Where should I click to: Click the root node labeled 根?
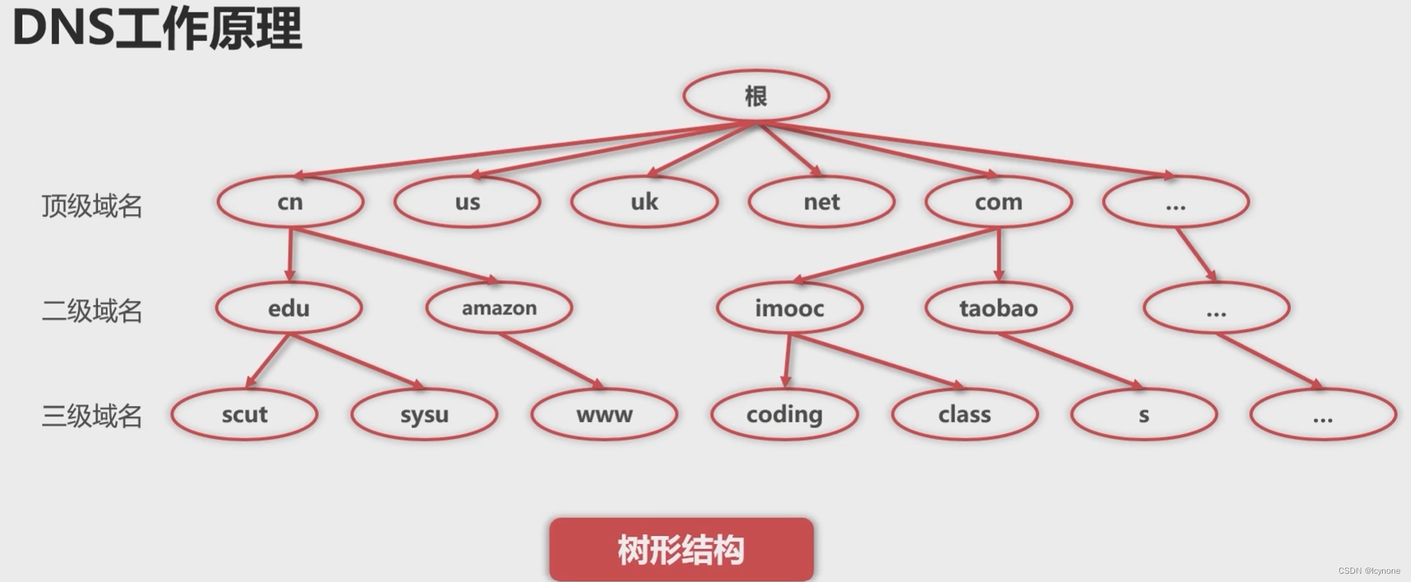[756, 96]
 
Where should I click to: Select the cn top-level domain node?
[290, 202]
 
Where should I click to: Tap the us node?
[467, 202]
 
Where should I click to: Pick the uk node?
[644, 202]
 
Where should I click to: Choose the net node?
[821, 202]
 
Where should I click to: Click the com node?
[998, 202]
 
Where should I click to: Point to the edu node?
[289, 308]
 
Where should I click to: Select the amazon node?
[499, 308]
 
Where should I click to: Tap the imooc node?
[790, 308]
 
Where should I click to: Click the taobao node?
[999, 308]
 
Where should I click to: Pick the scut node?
[244, 414]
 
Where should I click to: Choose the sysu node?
[424, 414]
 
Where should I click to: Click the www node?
[604, 414]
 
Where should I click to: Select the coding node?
[784, 414]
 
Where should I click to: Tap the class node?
[965, 414]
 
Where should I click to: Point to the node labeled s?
[1144, 414]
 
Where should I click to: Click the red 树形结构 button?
[681, 550]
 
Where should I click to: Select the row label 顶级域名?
[92, 205]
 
